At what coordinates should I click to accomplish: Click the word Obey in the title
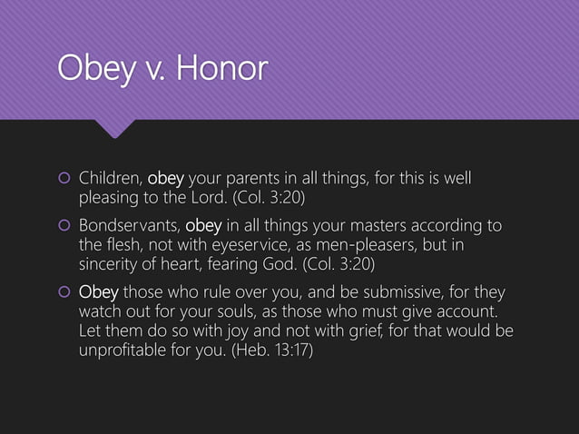(x=85, y=69)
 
